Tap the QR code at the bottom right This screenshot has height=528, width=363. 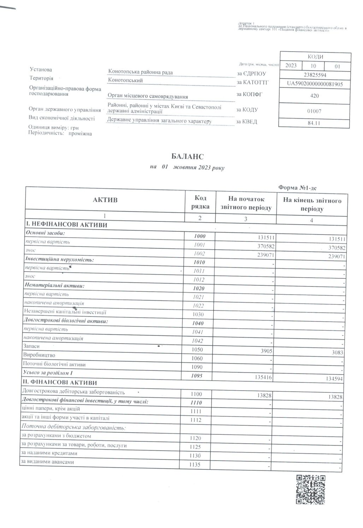310,490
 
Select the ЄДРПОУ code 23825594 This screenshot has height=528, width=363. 315,75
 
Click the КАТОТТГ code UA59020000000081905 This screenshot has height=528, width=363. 315,84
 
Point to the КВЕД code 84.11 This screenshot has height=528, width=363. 315,123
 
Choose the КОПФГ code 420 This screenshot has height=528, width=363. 315,96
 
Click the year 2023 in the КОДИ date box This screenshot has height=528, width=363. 291,66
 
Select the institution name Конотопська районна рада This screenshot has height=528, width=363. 141,72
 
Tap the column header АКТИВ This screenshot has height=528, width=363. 105,200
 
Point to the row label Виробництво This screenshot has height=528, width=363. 39,355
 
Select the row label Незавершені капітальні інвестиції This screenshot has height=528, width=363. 65,312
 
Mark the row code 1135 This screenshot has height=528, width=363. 195,465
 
